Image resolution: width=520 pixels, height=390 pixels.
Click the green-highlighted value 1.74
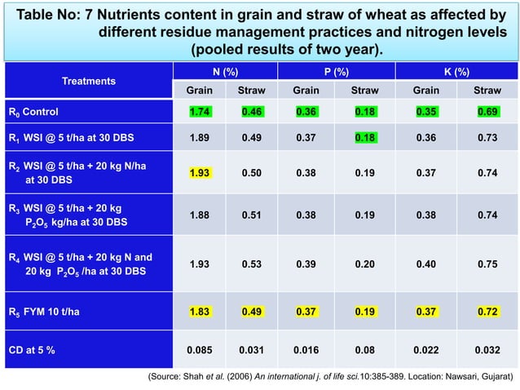[x=201, y=110]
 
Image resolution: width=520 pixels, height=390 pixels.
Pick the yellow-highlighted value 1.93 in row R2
[x=201, y=174]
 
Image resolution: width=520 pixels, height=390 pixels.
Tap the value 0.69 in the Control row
[x=487, y=110]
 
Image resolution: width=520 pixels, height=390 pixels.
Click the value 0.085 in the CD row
[x=201, y=350]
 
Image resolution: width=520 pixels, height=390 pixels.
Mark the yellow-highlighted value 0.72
[x=487, y=312]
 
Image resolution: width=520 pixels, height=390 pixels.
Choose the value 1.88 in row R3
[x=201, y=215]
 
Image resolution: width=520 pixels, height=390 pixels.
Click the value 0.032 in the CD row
[x=487, y=350]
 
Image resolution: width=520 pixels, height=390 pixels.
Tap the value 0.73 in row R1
[x=487, y=138]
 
